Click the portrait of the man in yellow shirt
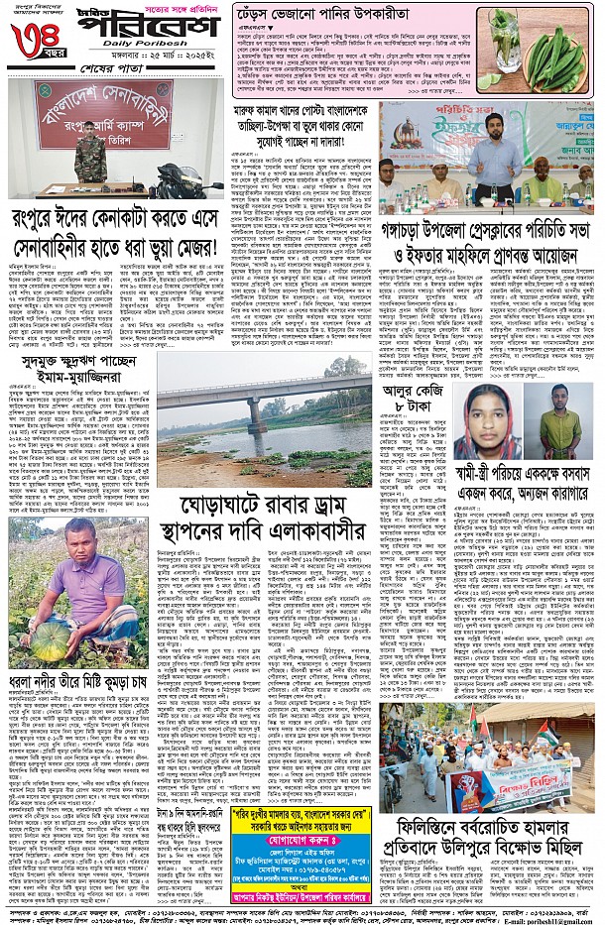[x=560, y=421]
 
